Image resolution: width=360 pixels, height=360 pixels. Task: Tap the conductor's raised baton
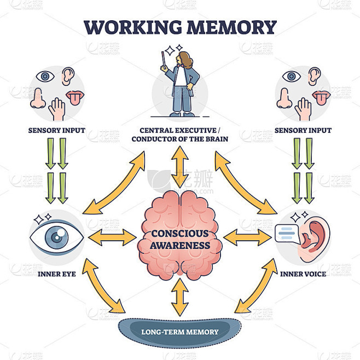(165, 60)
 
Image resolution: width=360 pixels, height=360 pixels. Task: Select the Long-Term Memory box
(179, 332)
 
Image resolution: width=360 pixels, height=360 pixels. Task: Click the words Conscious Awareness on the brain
(180, 239)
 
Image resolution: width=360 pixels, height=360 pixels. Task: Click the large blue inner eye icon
(57, 237)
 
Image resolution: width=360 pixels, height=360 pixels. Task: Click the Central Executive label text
(180, 135)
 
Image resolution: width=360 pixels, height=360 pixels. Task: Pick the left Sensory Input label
(57, 131)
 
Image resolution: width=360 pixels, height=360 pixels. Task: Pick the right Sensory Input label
(303, 131)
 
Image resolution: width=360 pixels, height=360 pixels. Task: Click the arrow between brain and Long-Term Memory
(180, 297)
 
